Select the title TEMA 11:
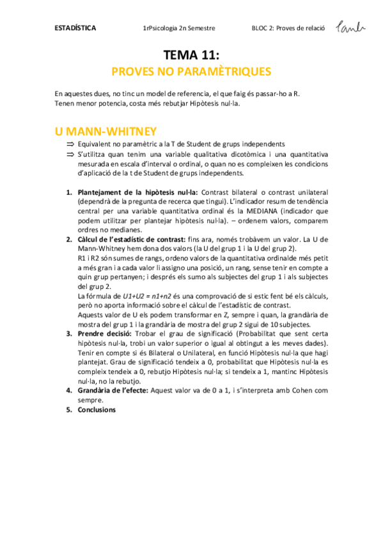(191, 56)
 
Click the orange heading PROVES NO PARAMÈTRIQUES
(191, 71)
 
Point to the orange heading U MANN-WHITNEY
(106, 131)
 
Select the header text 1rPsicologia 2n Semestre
(180, 28)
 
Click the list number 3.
(69, 334)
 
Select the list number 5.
(69, 409)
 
